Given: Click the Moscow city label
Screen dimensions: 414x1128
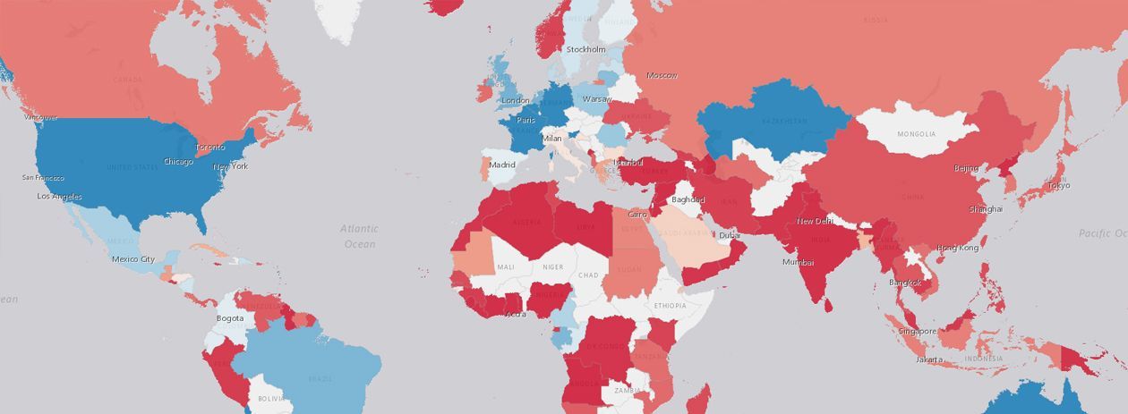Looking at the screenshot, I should pyautogui.click(x=662, y=75).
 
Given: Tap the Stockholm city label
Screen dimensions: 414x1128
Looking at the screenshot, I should pyautogui.click(x=585, y=49).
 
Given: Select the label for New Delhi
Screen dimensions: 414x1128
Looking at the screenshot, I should pyautogui.click(x=816, y=221).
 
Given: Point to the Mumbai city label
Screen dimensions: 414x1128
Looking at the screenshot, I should pyautogui.click(x=798, y=262).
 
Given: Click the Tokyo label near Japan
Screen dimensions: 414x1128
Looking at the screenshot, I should pyautogui.click(x=1058, y=186).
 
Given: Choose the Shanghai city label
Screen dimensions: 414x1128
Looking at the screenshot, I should pyautogui.click(x=985, y=209).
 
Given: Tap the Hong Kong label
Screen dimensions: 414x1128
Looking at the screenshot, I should pyautogui.click(x=957, y=248).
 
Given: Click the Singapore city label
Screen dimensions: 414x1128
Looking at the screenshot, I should pyautogui.click(x=918, y=331).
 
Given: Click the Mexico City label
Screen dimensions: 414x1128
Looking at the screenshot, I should pyautogui.click(x=133, y=259).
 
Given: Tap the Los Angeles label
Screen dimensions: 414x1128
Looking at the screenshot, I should pyautogui.click(x=59, y=196).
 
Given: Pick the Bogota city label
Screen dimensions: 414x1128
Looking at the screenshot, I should pyautogui.click(x=230, y=318).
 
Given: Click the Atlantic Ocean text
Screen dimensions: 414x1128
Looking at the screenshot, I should pyautogui.click(x=359, y=236).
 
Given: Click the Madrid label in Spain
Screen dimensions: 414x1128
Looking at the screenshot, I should pyautogui.click(x=502, y=165).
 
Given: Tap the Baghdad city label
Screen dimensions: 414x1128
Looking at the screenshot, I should pyautogui.click(x=688, y=199).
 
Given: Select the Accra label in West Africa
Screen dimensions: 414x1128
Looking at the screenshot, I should pyautogui.click(x=516, y=314).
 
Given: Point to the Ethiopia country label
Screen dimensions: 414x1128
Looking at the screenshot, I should pyautogui.click(x=670, y=306).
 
